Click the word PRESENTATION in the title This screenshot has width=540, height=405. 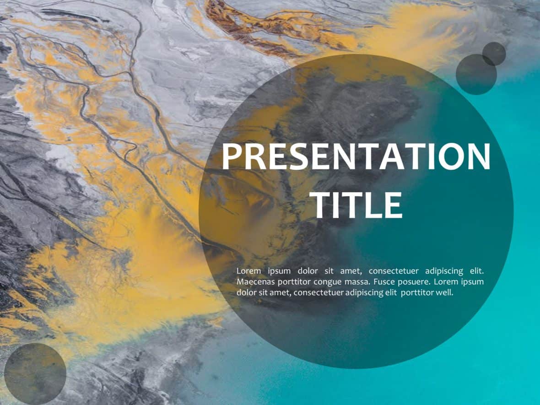point(356,157)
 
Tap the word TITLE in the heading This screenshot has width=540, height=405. point(358,205)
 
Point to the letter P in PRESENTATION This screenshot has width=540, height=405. point(232,157)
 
